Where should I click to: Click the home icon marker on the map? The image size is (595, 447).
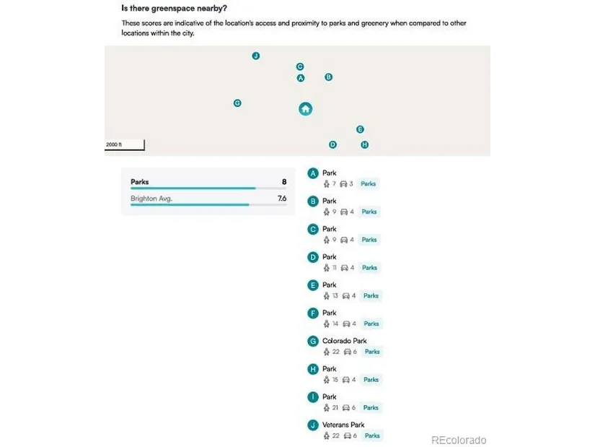305,109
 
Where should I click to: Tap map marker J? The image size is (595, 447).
256,56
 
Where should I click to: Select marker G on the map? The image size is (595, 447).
237,103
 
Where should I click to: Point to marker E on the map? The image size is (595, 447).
360,129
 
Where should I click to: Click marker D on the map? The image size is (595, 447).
332,144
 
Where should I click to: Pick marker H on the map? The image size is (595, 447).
364,144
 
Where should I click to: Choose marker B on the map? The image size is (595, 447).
328,77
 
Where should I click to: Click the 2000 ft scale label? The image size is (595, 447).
114,145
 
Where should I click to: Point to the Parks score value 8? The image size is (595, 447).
284,182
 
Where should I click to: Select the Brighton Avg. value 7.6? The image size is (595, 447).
282,198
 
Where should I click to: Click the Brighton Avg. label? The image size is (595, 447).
151,198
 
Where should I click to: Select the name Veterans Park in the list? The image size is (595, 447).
343,425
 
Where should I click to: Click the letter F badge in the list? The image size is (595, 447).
313,313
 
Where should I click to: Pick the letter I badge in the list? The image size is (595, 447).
313,397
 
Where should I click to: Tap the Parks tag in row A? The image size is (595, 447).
368,184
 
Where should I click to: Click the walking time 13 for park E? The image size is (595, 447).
334,296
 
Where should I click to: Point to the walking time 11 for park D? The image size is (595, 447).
334,268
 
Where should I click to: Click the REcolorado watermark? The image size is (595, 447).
459,440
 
